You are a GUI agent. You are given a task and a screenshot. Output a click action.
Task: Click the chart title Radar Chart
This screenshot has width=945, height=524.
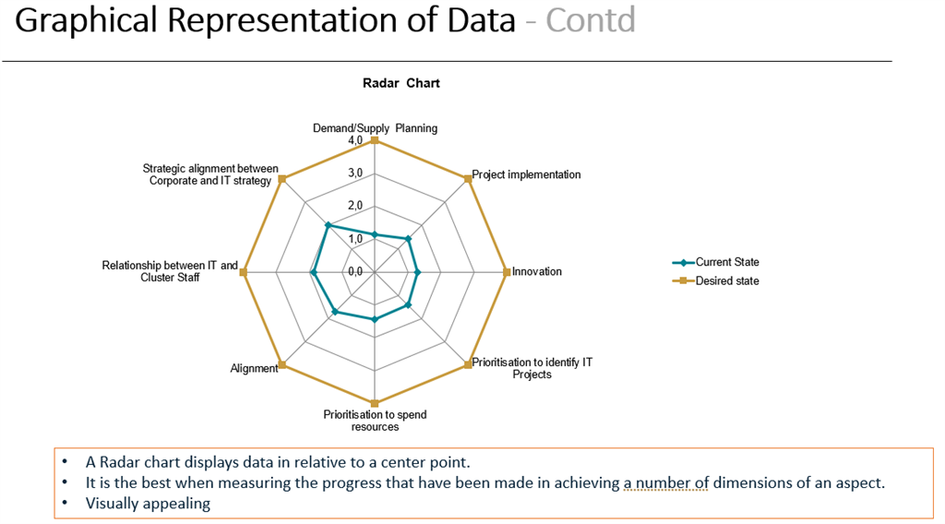tap(401, 83)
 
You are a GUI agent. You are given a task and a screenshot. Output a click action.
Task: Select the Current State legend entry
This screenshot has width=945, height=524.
tap(726, 262)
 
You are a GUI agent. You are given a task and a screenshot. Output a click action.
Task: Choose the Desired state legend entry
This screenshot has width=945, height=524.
tap(726, 280)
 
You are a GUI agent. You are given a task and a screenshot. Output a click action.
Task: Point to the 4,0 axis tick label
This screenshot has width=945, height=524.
tap(355, 140)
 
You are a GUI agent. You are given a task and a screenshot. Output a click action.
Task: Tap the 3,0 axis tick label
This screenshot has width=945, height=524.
tap(355, 173)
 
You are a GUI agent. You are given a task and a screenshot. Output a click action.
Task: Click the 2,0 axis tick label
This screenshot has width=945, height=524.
tap(355, 206)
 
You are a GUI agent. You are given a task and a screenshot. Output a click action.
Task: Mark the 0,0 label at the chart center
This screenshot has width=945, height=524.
tap(355, 271)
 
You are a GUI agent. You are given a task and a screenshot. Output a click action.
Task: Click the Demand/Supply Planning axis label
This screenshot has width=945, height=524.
tap(375, 128)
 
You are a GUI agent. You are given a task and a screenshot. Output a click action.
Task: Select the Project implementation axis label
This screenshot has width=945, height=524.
tap(527, 174)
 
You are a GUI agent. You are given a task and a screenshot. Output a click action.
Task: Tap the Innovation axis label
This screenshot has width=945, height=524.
tap(537, 271)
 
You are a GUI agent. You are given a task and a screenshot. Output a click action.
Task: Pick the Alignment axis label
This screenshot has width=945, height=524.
tap(254, 369)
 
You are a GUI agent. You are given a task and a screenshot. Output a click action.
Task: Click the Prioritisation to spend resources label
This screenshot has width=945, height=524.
tap(375, 421)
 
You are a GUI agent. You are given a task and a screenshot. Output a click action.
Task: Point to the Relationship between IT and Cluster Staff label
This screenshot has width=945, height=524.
tap(170, 271)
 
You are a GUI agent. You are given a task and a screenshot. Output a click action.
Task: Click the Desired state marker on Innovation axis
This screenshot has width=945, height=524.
tap(507, 271)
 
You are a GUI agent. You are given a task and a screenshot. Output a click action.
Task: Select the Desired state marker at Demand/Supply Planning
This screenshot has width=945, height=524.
tap(375, 140)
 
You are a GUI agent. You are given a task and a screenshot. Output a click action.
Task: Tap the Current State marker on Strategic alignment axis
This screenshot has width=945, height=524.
tap(328, 225)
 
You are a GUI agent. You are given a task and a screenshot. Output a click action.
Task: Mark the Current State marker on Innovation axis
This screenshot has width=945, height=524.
tap(417, 272)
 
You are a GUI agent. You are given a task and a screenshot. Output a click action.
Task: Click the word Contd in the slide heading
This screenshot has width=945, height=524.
tap(591, 20)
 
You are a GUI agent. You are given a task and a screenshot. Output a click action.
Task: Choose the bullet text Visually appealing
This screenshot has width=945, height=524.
tap(148, 504)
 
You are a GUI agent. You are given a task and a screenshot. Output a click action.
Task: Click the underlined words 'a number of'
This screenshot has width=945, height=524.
tap(665, 482)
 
